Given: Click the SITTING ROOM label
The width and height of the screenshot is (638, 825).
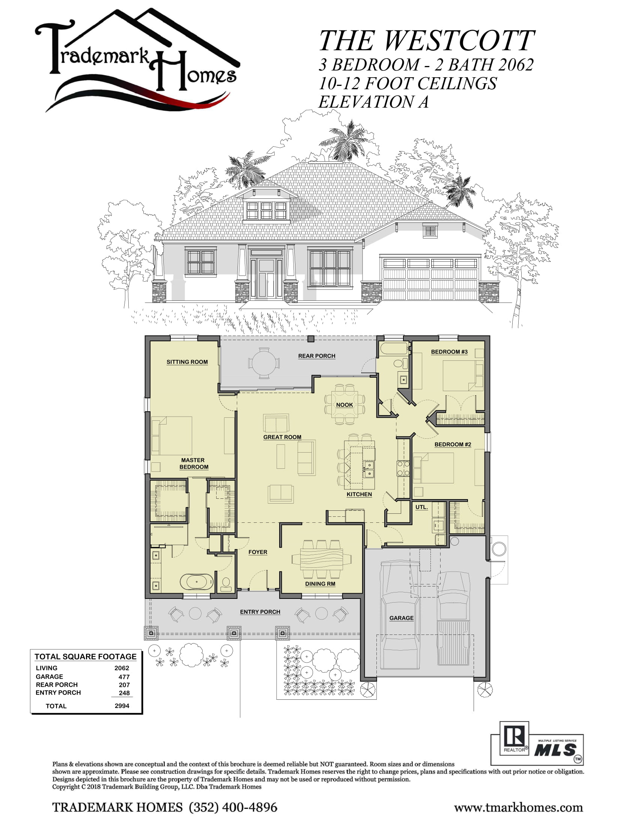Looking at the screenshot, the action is [x=187, y=362].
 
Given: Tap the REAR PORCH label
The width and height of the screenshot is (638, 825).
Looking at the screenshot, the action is [x=317, y=356].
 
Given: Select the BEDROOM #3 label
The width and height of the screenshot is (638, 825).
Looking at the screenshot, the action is [x=449, y=352].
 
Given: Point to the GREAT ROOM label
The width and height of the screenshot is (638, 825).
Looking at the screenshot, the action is [x=282, y=437].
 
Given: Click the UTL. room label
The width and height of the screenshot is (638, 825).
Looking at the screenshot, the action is [x=421, y=507].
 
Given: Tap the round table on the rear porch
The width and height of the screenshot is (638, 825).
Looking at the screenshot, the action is [x=264, y=363].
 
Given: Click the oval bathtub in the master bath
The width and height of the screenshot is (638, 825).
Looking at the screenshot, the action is [x=197, y=582].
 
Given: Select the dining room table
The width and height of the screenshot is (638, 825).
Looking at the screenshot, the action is [x=321, y=559].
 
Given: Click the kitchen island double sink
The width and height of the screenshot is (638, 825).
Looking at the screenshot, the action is [x=369, y=469].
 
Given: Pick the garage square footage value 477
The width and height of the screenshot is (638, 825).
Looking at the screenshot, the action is [x=124, y=677].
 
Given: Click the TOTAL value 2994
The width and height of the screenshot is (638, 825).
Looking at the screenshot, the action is [x=122, y=706].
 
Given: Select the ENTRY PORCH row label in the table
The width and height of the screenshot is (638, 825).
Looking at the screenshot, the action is [x=58, y=692].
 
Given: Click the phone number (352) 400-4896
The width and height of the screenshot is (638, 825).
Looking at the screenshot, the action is [x=233, y=807].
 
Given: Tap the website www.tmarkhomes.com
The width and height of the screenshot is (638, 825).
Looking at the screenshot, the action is [x=519, y=808].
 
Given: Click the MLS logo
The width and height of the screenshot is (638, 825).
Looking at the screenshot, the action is [x=556, y=750].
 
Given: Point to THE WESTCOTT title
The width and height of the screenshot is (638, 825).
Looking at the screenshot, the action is [x=427, y=40].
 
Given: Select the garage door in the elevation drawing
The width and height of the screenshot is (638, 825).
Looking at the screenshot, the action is [x=430, y=279].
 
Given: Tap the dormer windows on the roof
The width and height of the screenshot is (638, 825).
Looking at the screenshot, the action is [x=266, y=210].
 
